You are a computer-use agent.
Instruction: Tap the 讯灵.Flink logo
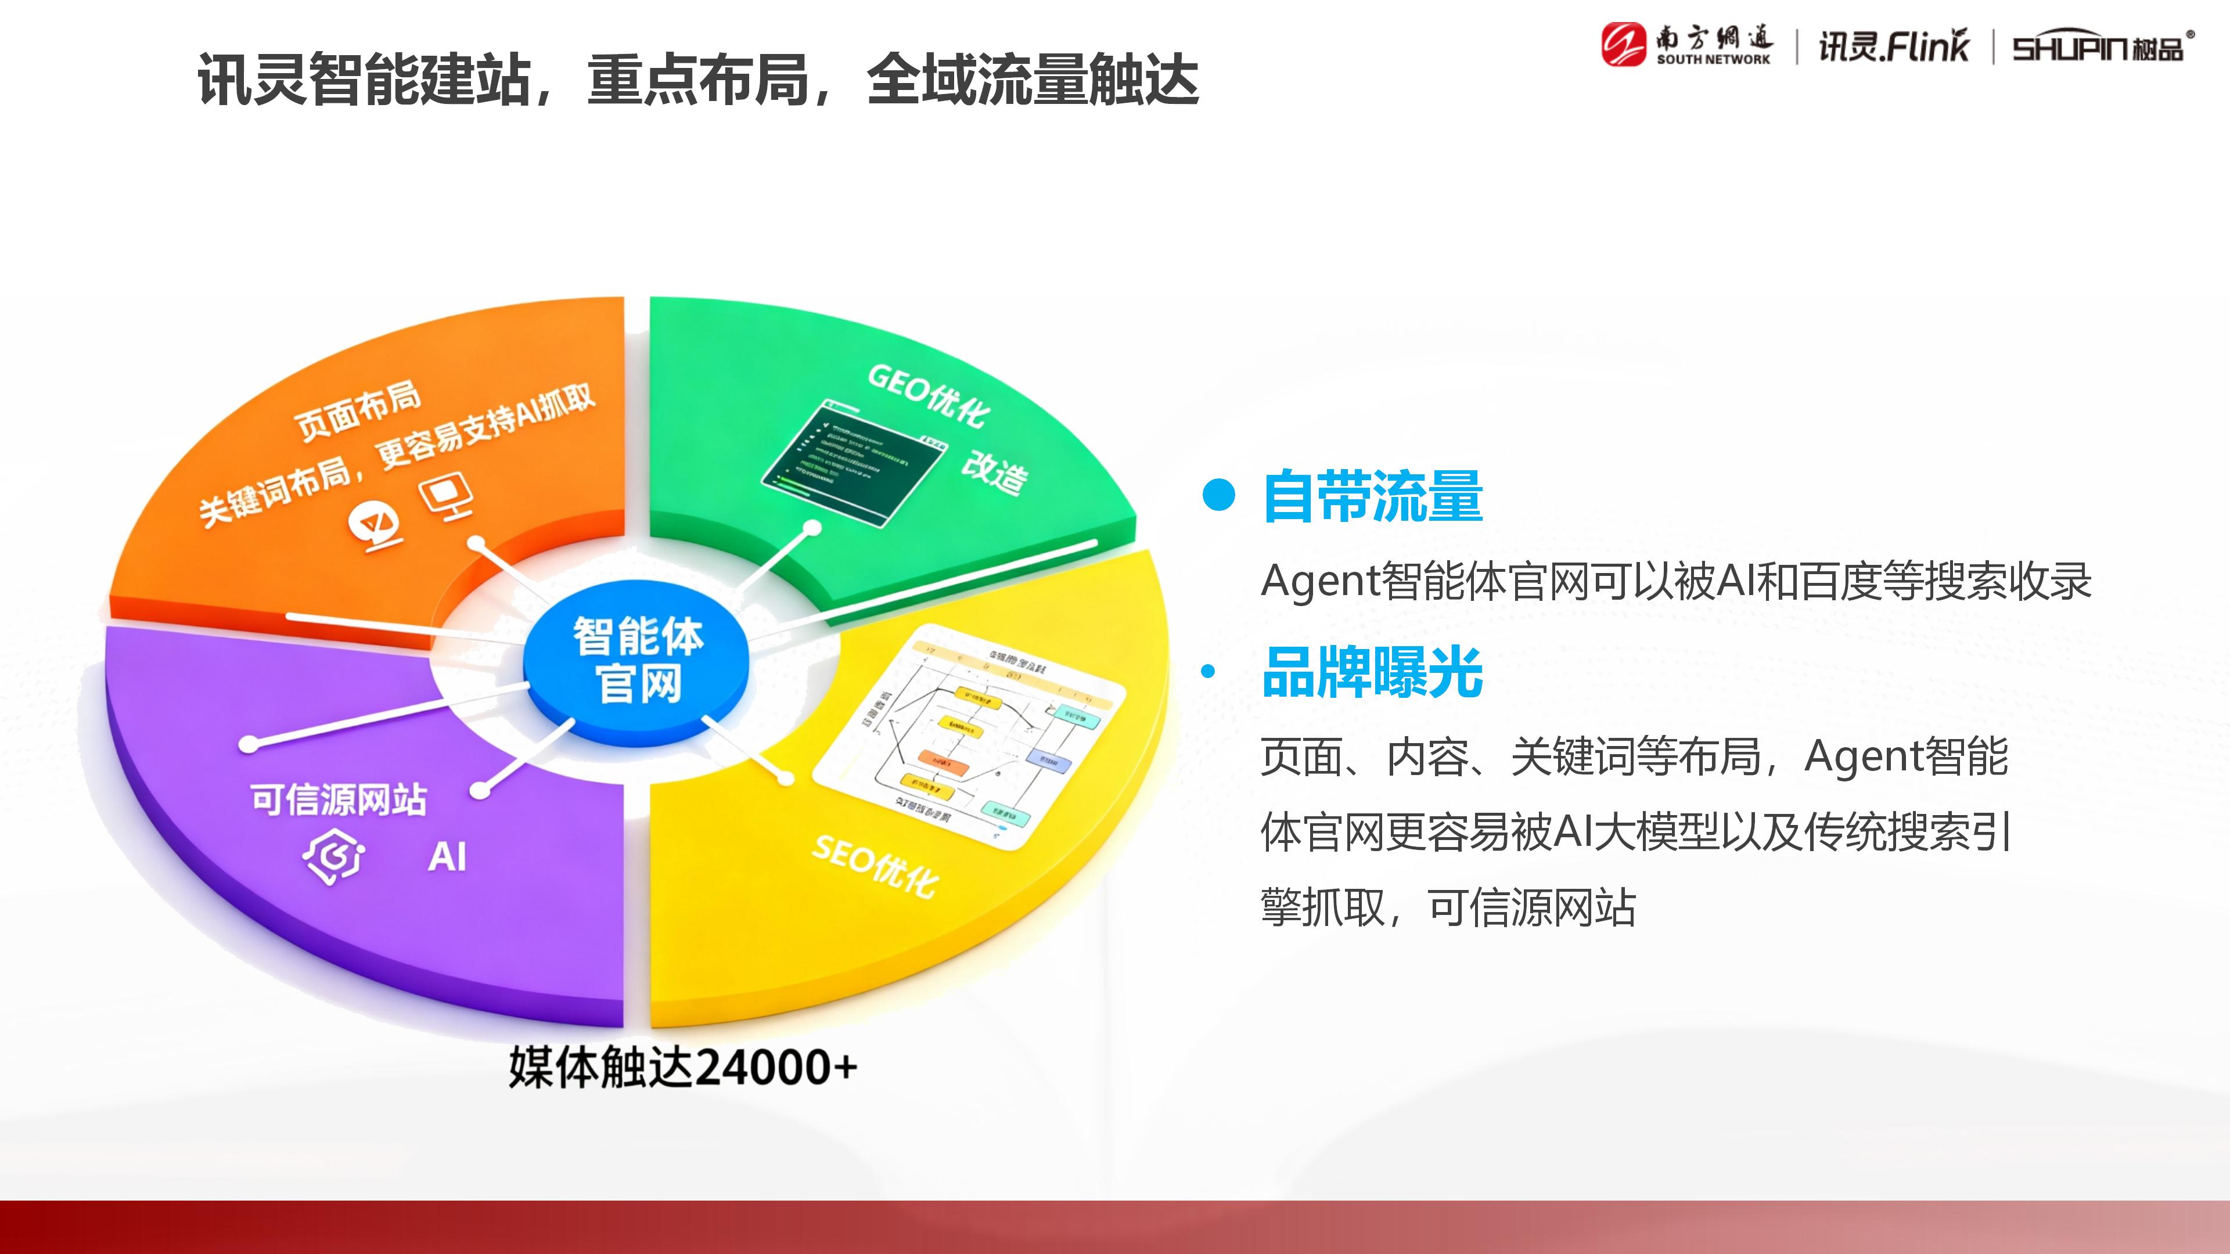click(x=1893, y=46)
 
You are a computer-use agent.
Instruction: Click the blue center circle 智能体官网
click(x=638, y=660)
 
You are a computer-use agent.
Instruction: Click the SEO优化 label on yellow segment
click(x=875, y=866)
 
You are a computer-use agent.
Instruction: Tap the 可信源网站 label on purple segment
click(x=339, y=799)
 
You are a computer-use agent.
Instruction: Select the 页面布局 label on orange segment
click(x=358, y=410)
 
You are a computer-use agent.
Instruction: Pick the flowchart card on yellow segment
click(x=970, y=736)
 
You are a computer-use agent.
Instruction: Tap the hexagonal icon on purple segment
click(x=334, y=857)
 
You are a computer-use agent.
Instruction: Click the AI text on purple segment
click(x=448, y=857)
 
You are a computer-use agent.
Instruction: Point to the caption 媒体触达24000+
click(x=682, y=1067)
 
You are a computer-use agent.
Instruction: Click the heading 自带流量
click(x=1372, y=497)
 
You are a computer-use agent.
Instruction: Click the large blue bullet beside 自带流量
click(x=1219, y=495)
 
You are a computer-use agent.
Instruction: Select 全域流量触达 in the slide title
click(x=1032, y=80)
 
